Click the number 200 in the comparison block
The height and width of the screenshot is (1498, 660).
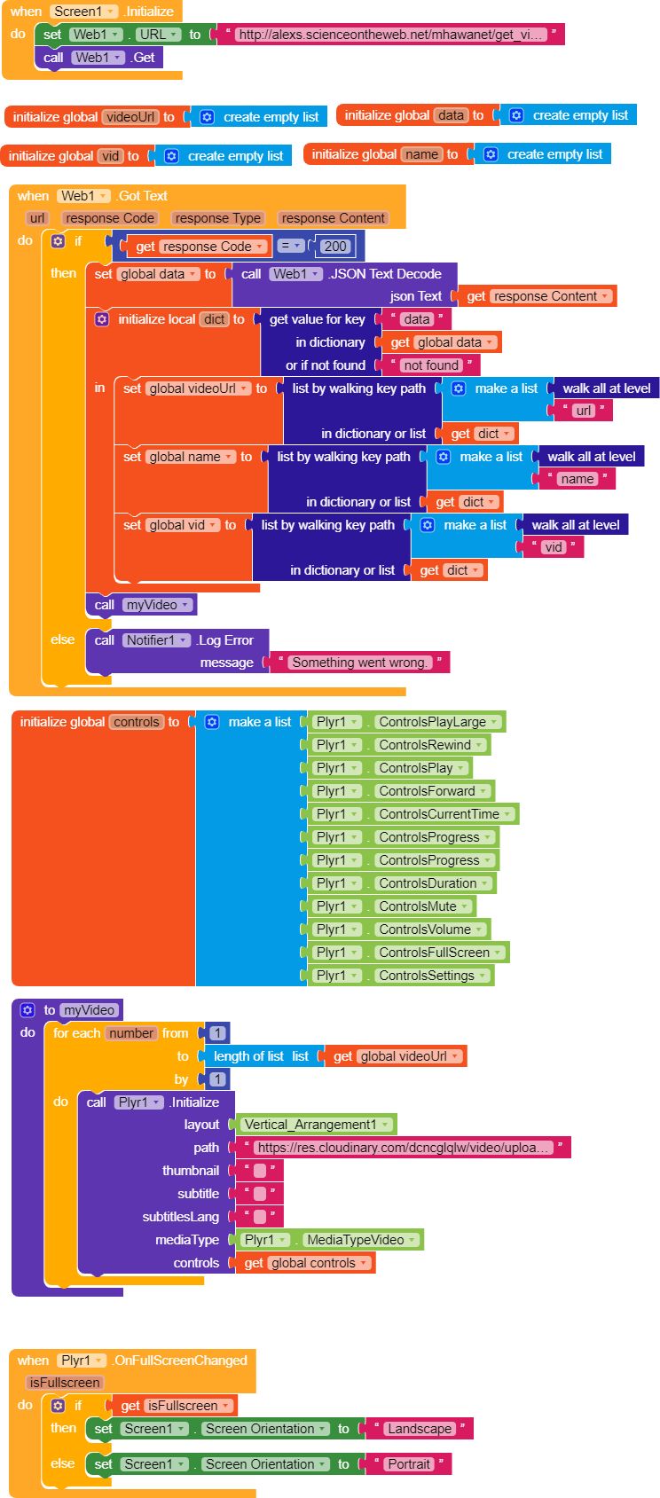pos(335,246)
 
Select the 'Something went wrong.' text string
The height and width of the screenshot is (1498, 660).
pos(359,662)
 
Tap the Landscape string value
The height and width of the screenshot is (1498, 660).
pos(420,1429)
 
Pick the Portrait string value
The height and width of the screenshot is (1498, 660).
pos(409,1464)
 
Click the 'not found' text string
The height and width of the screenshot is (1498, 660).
pos(431,365)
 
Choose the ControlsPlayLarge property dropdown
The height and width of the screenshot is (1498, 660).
pos(437,722)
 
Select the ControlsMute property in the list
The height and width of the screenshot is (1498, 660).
pos(422,906)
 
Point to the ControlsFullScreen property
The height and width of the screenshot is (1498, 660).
pos(439,953)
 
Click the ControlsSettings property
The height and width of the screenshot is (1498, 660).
pos(432,975)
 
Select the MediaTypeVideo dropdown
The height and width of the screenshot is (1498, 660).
pos(360,1240)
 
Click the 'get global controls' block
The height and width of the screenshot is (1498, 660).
pos(305,1263)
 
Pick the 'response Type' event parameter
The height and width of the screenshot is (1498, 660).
pos(218,218)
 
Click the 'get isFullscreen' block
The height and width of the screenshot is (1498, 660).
pos(175,1405)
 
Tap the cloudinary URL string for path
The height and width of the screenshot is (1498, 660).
pos(404,1148)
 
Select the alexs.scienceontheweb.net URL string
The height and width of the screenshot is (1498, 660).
pos(391,34)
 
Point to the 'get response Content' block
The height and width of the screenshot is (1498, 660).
pos(538,296)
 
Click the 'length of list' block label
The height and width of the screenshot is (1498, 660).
pos(248,1056)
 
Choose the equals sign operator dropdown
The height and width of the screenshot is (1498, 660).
pos(289,246)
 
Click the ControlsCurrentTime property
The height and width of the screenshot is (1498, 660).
pos(444,814)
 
